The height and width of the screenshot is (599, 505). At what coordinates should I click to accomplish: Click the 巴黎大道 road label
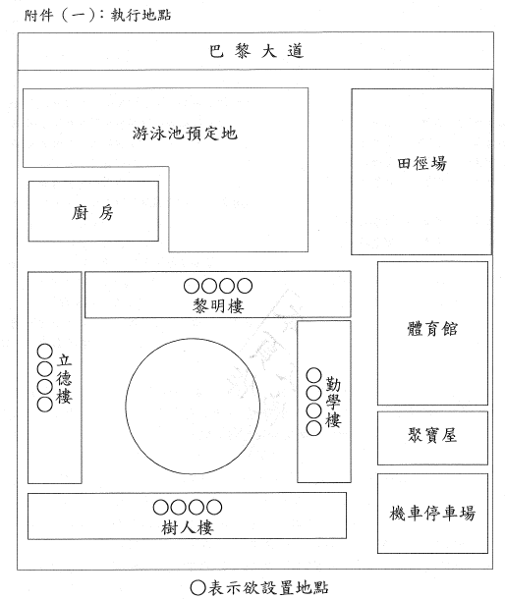256,51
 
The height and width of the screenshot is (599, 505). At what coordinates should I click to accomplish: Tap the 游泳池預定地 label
185,134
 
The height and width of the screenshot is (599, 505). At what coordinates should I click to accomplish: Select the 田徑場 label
421,164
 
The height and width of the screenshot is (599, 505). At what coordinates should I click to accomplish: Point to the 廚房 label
93,212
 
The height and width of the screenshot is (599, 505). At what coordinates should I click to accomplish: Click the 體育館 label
432,329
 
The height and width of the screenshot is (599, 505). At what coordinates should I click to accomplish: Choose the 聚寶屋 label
432,435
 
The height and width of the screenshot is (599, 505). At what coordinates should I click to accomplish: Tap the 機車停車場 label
432,513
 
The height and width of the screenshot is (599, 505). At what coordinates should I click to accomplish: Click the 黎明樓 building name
218,306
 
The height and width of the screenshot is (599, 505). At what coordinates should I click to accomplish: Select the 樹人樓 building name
188,527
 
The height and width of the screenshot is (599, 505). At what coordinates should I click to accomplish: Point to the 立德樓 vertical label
64,379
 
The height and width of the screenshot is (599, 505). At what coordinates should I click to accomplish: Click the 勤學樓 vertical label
333,402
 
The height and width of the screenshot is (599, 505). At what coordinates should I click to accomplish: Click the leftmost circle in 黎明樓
192,286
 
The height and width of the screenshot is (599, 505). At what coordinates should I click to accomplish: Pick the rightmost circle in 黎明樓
245,286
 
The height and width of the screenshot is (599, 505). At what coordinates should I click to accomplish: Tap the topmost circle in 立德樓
45,352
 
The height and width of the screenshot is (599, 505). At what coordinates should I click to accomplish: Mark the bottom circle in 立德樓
45,405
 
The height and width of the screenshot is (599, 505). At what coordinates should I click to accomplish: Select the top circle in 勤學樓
313,375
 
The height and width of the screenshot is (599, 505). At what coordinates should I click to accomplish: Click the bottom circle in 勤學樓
313,428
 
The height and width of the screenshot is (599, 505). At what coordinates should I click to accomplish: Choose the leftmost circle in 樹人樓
160,508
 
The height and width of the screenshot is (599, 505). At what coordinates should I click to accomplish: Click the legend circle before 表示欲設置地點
198,588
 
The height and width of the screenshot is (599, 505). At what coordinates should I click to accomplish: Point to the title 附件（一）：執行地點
97,16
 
